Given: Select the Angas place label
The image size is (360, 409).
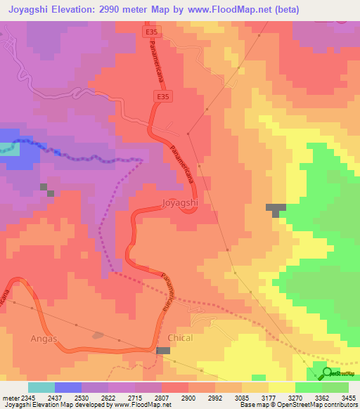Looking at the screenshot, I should point(43,338).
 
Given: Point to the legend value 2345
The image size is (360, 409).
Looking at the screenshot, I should point(24,398).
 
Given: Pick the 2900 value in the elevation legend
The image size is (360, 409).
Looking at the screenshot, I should point(188,398).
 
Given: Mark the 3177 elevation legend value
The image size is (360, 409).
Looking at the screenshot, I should point(268,398).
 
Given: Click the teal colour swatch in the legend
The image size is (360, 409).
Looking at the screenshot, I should point(41,387).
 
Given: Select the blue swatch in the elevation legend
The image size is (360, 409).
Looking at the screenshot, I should point(67,387).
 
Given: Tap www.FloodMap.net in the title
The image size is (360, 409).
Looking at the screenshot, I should point(223,10).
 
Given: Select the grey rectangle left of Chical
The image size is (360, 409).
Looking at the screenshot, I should point(163,351).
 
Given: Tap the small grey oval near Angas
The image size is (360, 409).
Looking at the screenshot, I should point(98,335).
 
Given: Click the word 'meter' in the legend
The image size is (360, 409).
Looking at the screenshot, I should point(11,398).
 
